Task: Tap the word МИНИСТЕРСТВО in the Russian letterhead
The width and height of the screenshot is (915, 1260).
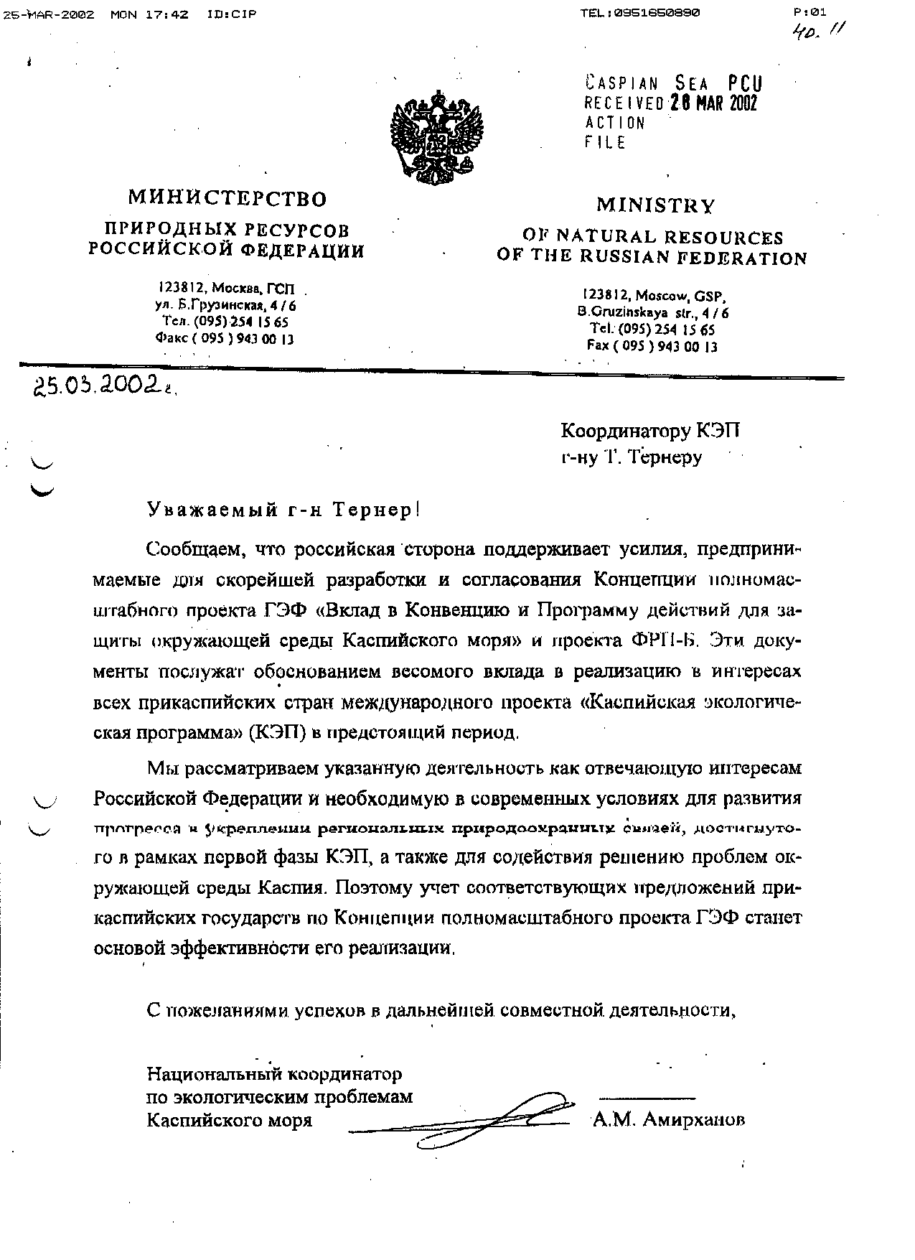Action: click(227, 198)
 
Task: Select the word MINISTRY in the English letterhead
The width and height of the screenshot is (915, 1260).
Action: click(655, 205)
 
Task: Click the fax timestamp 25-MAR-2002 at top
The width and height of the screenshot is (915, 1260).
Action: click(49, 14)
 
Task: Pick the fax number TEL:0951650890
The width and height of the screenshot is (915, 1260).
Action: click(640, 13)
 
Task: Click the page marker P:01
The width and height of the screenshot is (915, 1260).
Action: click(810, 11)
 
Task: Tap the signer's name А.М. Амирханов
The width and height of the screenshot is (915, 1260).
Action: click(668, 1119)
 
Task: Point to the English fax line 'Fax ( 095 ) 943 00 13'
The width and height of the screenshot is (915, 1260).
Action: click(652, 345)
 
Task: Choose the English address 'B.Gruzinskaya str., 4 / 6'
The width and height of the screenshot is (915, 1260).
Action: click(652, 313)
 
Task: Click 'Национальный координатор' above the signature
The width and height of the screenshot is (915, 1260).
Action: click(274, 1075)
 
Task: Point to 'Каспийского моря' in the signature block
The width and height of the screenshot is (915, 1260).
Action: click(230, 1120)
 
